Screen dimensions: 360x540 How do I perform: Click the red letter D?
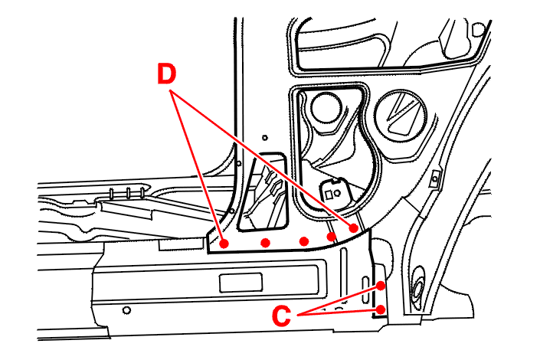pyautogui.click(x=168, y=74)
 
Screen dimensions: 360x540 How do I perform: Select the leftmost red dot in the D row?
pyautogui.click(x=224, y=244)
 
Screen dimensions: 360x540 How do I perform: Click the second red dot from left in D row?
pyautogui.click(x=265, y=243)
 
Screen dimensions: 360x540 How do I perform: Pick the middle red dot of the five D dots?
pyautogui.click(x=304, y=242)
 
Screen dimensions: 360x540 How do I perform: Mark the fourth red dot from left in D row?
pyautogui.click(x=331, y=237)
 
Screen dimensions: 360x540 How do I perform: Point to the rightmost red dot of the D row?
pyautogui.click(x=354, y=227)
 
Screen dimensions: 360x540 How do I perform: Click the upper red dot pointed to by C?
pyautogui.click(x=381, y=286)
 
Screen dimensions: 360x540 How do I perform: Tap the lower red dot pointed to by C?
pyautogui.click(x=381, y=309)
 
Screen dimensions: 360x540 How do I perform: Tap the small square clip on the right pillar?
pyautogui.click(x=434, y=178)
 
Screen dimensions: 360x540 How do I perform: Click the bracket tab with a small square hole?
pyautogui.click(x=334, y=187)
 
